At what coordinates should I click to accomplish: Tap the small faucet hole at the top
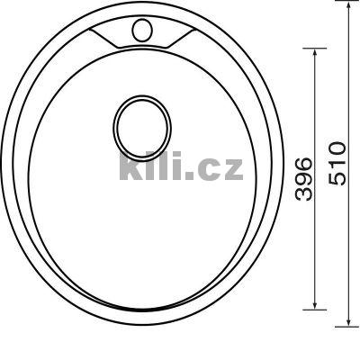coord(140,30)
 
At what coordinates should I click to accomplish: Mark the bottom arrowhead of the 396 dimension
coord(314,305)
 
